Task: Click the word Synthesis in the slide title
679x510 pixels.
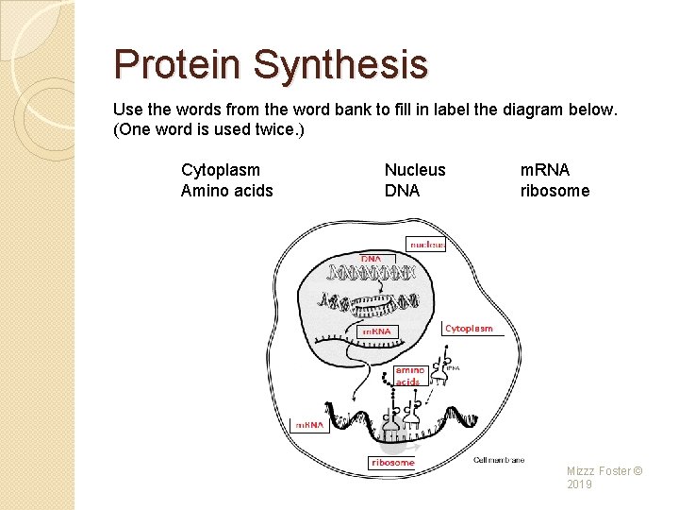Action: (340, 64)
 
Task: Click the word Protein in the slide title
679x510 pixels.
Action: (178, 64)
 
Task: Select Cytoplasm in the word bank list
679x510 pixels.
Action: (221, 170)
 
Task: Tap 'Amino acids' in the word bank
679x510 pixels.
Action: (226, 191)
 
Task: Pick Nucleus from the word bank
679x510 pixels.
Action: (415, 170)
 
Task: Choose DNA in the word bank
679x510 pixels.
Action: (402, 191)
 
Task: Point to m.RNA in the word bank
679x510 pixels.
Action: (545, 170)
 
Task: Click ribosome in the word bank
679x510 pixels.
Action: (555, 191)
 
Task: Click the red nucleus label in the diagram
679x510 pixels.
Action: (426, 244)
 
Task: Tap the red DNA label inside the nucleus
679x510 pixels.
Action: (372, 259)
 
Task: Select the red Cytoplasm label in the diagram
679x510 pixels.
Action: (469, 329)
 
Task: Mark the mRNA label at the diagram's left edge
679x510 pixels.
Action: (309, 426)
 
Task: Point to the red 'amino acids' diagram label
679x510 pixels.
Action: (408, 376)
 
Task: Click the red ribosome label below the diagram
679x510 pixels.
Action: (391, 463)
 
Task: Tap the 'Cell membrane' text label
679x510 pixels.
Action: (498, 460)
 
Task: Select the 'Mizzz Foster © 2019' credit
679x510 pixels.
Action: (604, 477)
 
